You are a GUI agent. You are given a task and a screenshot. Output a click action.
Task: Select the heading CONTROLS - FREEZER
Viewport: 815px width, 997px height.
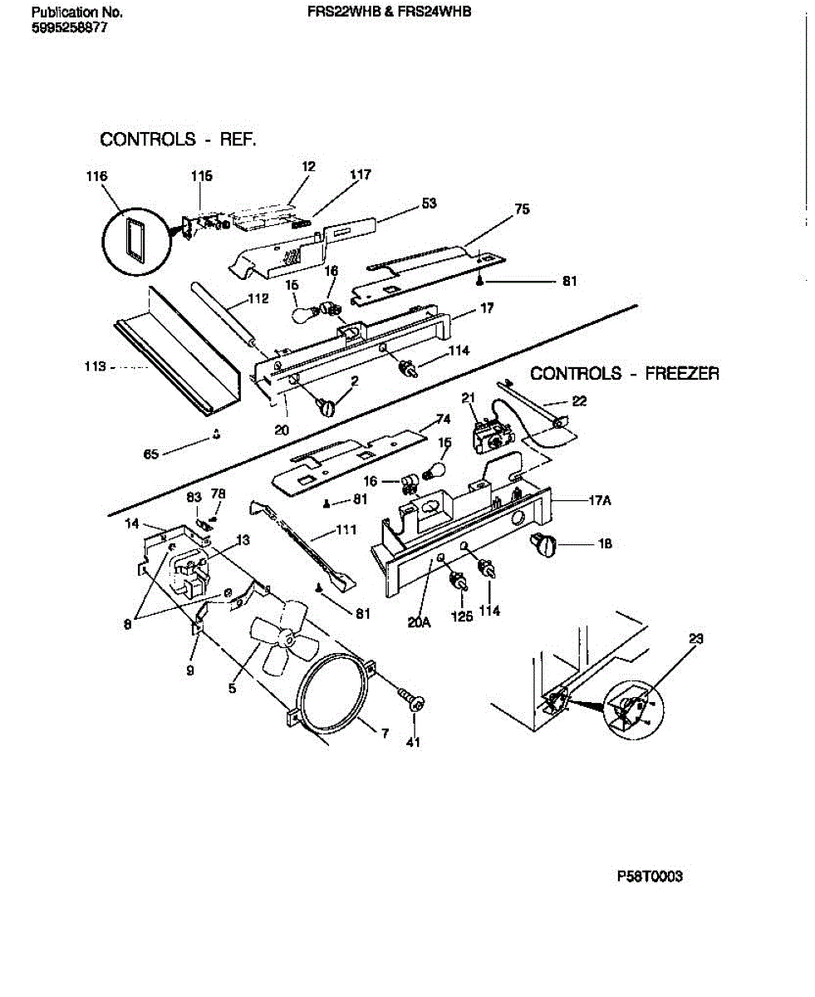[x=624, y=374]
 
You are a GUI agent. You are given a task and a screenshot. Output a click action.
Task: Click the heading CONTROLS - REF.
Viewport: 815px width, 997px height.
[x=178, y=140]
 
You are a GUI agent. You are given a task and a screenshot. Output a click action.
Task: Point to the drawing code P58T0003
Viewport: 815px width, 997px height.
[x=650, y=877]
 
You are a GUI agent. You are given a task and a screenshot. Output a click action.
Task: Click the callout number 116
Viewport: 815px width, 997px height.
[x=96, y=176]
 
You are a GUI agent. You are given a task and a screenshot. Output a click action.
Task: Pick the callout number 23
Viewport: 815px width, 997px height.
[x=696, y=640]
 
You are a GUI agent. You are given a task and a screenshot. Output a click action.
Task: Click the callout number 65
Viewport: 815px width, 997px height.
[x=150, y=454]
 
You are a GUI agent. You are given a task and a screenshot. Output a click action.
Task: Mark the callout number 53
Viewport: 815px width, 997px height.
[x=429, y=204]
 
